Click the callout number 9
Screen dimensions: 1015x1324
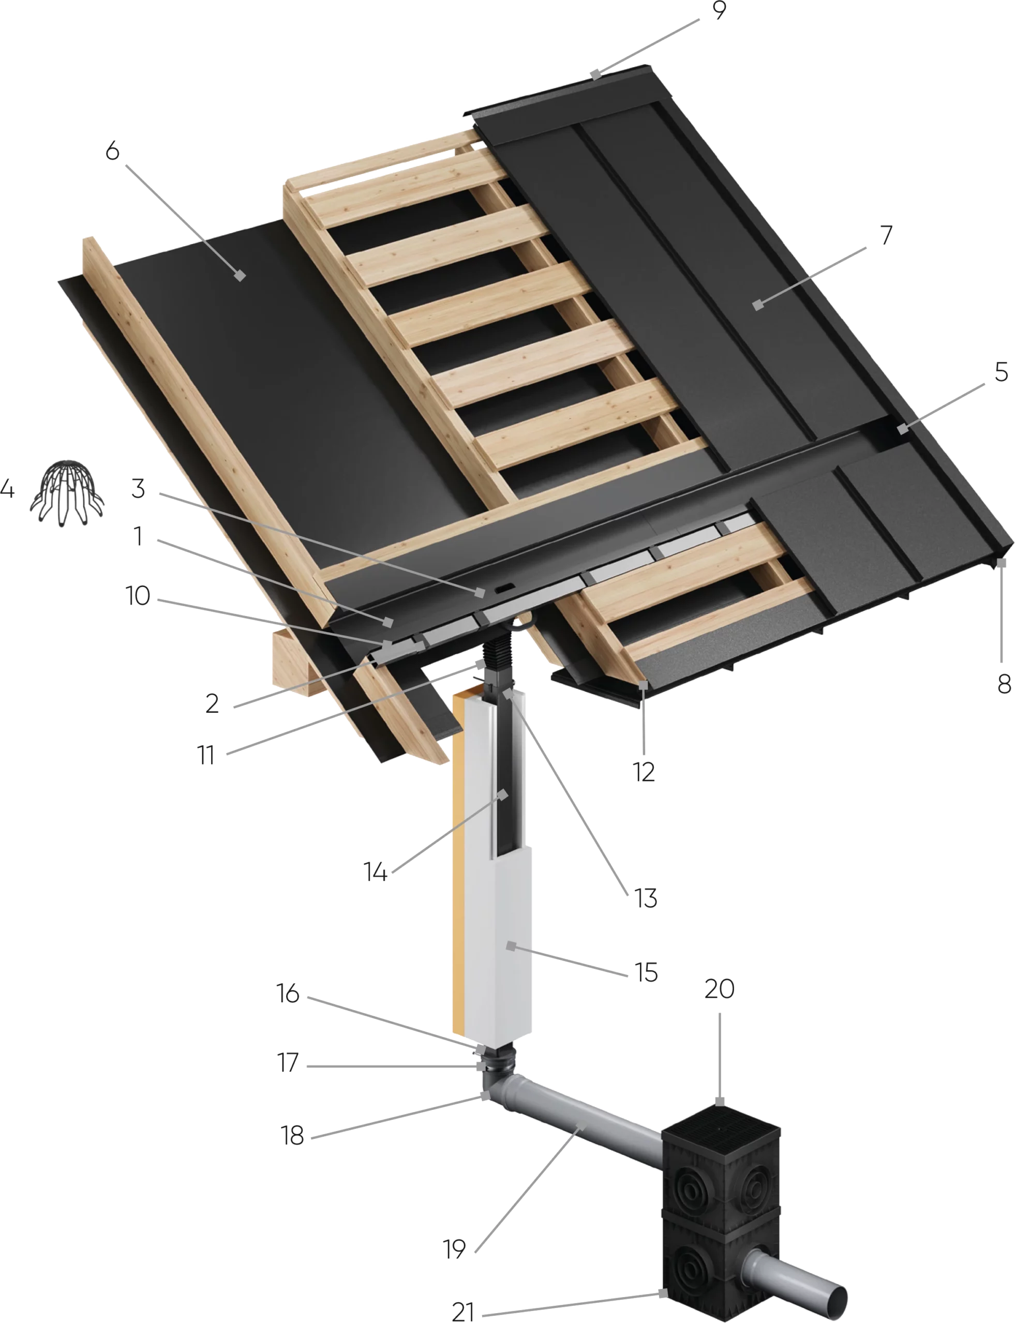click(x=719, y=10)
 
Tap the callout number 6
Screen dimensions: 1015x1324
click(x=112, y=151)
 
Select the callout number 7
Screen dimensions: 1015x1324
click(x=886, y=235)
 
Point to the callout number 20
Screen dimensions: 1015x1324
click(x=720, y=989)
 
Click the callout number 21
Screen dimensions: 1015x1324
click(x=463, y=1312)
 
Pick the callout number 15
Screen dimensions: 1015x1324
click(x=646, y=972)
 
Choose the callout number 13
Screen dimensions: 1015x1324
click(x=645, y=898)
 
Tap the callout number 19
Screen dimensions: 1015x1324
click(x=454, y=1248)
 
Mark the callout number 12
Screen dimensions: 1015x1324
click(x=644, y=772)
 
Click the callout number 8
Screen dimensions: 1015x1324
click(x=1004, y=684)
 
